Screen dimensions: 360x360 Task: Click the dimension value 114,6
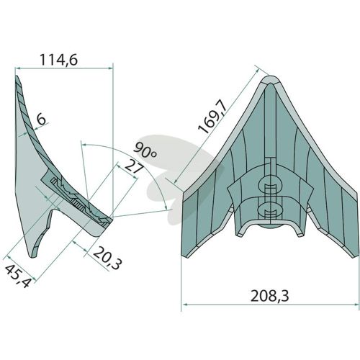click(x=58, y=60)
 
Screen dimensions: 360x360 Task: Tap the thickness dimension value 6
click(x=41, y=119)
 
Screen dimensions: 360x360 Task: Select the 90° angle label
click(x=145, y=150)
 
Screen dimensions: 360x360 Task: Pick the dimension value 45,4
click(x=18, y=276)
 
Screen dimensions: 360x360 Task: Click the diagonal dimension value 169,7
click(x=212, y=118)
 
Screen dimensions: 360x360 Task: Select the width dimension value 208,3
click(x=269, y=296)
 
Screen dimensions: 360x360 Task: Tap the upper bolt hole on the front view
click(x=270, y=185)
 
